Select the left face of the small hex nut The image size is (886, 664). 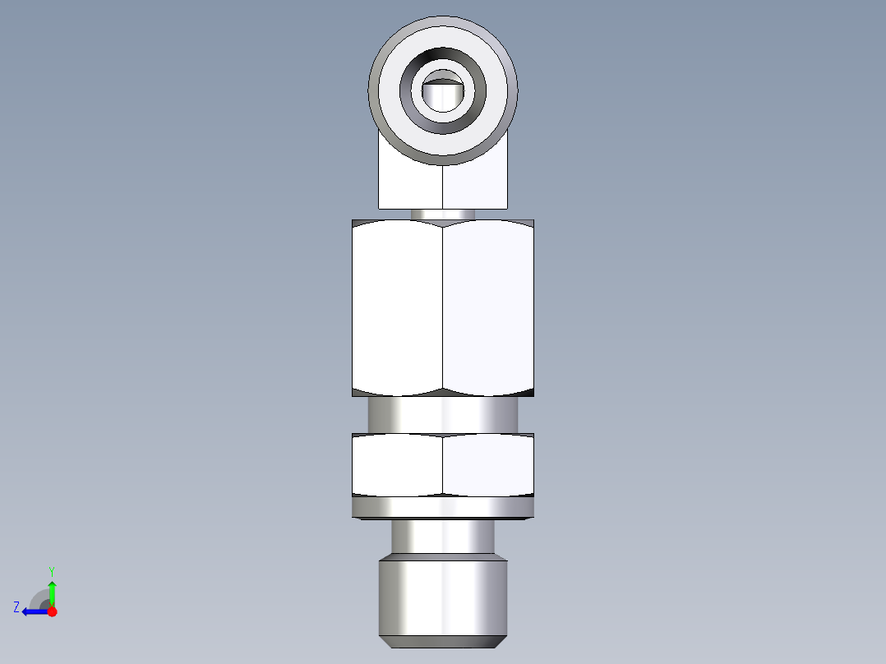(397, 465)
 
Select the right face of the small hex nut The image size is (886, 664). (488, 465)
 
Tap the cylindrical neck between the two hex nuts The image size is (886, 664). (443, 415)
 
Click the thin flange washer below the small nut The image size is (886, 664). (443, 508)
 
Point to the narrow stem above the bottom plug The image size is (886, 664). (443, 538)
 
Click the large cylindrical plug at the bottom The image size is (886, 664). (443, 596)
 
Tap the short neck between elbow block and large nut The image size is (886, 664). (443, 214)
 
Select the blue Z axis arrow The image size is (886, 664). (33, 611)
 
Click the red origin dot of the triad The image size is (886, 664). (53, 611)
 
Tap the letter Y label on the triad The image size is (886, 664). (52, 570)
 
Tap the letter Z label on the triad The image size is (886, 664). (16, 607)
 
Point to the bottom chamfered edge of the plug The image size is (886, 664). (443, 639)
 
